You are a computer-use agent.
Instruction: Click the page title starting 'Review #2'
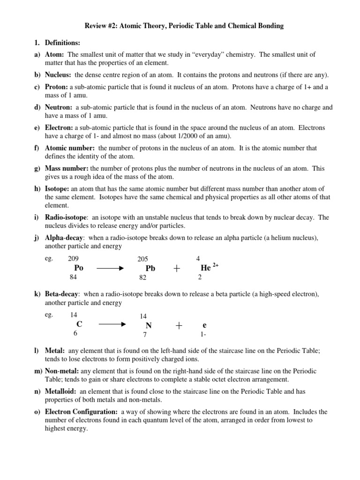coord(180,26)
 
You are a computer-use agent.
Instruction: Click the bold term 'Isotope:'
coord(57,189)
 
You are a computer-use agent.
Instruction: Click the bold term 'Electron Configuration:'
coord(82,412)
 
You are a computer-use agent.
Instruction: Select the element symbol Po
coord(78,268)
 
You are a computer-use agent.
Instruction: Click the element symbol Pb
coord(150,269)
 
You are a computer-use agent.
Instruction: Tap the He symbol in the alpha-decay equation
coord(205,268)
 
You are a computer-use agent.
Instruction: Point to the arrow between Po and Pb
coord(110,268)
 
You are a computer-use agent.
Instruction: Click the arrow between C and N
coord(110,324)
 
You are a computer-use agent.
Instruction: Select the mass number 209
coord(74,258)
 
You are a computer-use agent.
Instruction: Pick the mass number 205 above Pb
coord(142,259)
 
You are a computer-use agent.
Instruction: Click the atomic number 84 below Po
coord(73,277)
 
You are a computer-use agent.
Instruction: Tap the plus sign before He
coord(177,268)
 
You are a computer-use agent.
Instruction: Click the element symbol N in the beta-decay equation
coord(149,325)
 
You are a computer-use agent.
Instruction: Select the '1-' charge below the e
coord(203,335)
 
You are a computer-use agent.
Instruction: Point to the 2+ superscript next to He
coord(216,265)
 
